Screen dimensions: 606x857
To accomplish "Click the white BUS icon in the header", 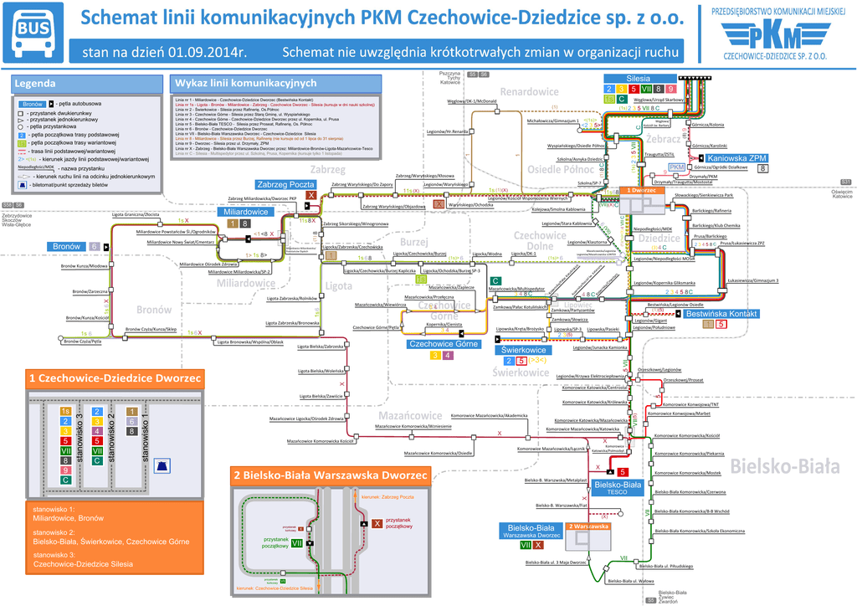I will pyautogui.click(x=32, y=32).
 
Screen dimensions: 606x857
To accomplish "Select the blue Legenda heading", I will pyautogui.click(x=35, y=84).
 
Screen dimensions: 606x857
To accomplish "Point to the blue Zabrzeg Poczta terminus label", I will pyautogui.click(x=286, y=184).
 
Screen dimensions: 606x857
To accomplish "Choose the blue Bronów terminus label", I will pyautogui.click(x=66, y=247).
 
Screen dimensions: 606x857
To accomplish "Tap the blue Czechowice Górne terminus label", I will pyautogui.click(x=443, y=344).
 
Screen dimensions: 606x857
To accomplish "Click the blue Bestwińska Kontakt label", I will pyautogui.click(x=721, y=314).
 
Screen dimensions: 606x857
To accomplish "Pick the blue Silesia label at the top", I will pyautogui.click(x=638, y=78).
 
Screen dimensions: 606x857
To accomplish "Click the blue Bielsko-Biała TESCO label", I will pyautogui.click(x=618, y=487).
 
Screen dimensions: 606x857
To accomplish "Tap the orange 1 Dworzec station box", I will pyautogui.click(x=640, y=191).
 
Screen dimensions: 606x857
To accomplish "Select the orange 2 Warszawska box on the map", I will pyautogui.click(x=588, y=527).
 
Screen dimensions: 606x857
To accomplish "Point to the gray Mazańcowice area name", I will pyautogui.click(x=409, y=416).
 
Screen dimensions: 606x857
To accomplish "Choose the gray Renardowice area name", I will pyautogui.click(x=529, y=92).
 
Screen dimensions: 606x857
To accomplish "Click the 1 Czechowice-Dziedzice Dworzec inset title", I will pyautogui.click(x=115, y=378).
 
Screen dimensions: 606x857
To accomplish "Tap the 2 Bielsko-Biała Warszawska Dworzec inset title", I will pyautogui.click(x=331, y=475).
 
